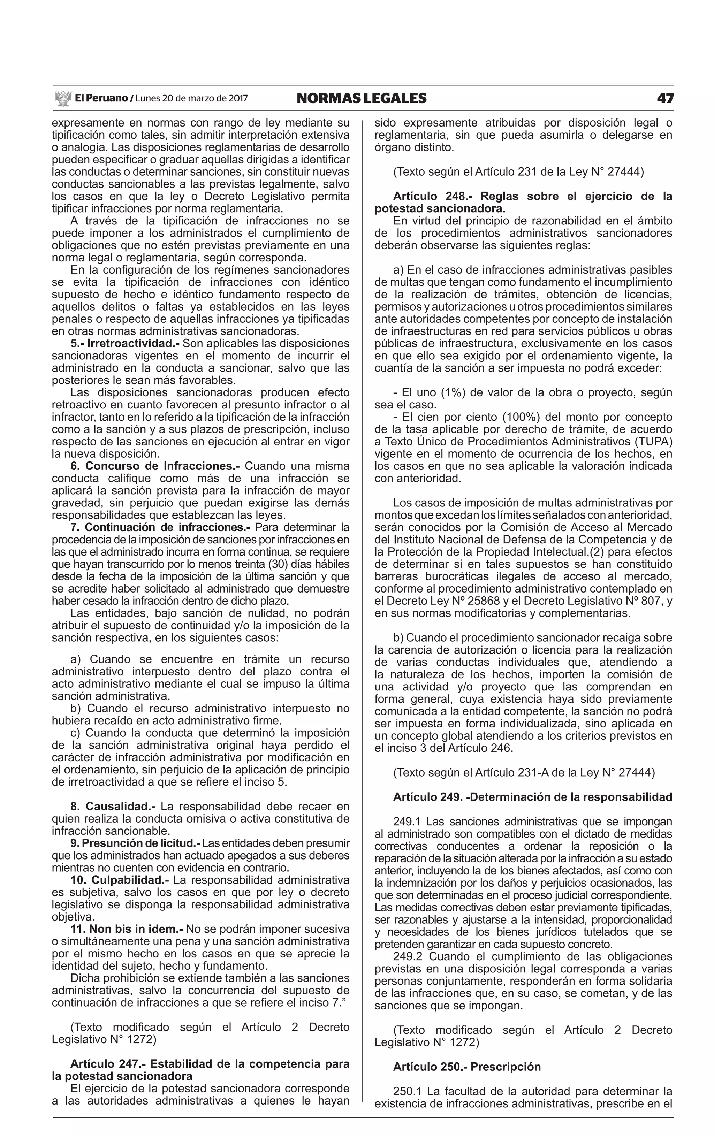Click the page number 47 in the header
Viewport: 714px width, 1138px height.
click(x=664, y=98)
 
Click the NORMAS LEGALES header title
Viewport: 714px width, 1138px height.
click(x=361, y=98)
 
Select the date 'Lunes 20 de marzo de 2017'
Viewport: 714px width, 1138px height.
click(x=191, y=98)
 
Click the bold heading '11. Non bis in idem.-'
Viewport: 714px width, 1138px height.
click(x=128, y=929)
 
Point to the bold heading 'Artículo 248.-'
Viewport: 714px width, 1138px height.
click(x=433, y=196)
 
